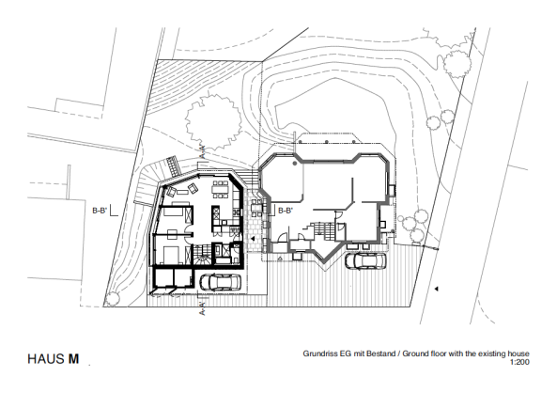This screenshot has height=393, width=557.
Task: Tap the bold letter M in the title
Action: tap(72, 359)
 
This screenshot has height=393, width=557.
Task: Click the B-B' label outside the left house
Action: tap(100, 211)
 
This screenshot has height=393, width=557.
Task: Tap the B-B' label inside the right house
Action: tap(286, 211)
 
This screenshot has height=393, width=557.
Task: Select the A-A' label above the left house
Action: tap(203, 151)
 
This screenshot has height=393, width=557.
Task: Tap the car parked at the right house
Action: tap(364, 260)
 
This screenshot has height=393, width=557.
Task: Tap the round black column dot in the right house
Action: tap(294, 163)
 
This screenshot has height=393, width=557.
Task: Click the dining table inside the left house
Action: tap(220, 191)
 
